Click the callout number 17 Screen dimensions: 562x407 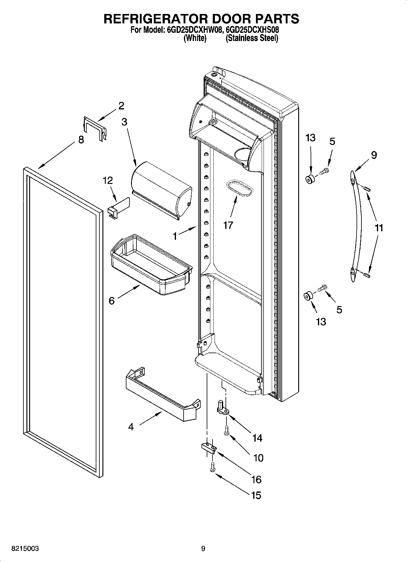(228, 225)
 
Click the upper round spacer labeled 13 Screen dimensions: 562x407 (310, 179)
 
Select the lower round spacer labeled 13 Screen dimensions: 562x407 (308, 296)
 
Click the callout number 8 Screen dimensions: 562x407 (81, 140)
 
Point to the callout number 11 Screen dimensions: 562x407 (379, 228)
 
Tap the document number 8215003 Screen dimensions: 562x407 (25, 549)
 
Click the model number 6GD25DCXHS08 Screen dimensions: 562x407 (253, 30)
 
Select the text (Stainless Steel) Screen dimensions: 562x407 (252, 38)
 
